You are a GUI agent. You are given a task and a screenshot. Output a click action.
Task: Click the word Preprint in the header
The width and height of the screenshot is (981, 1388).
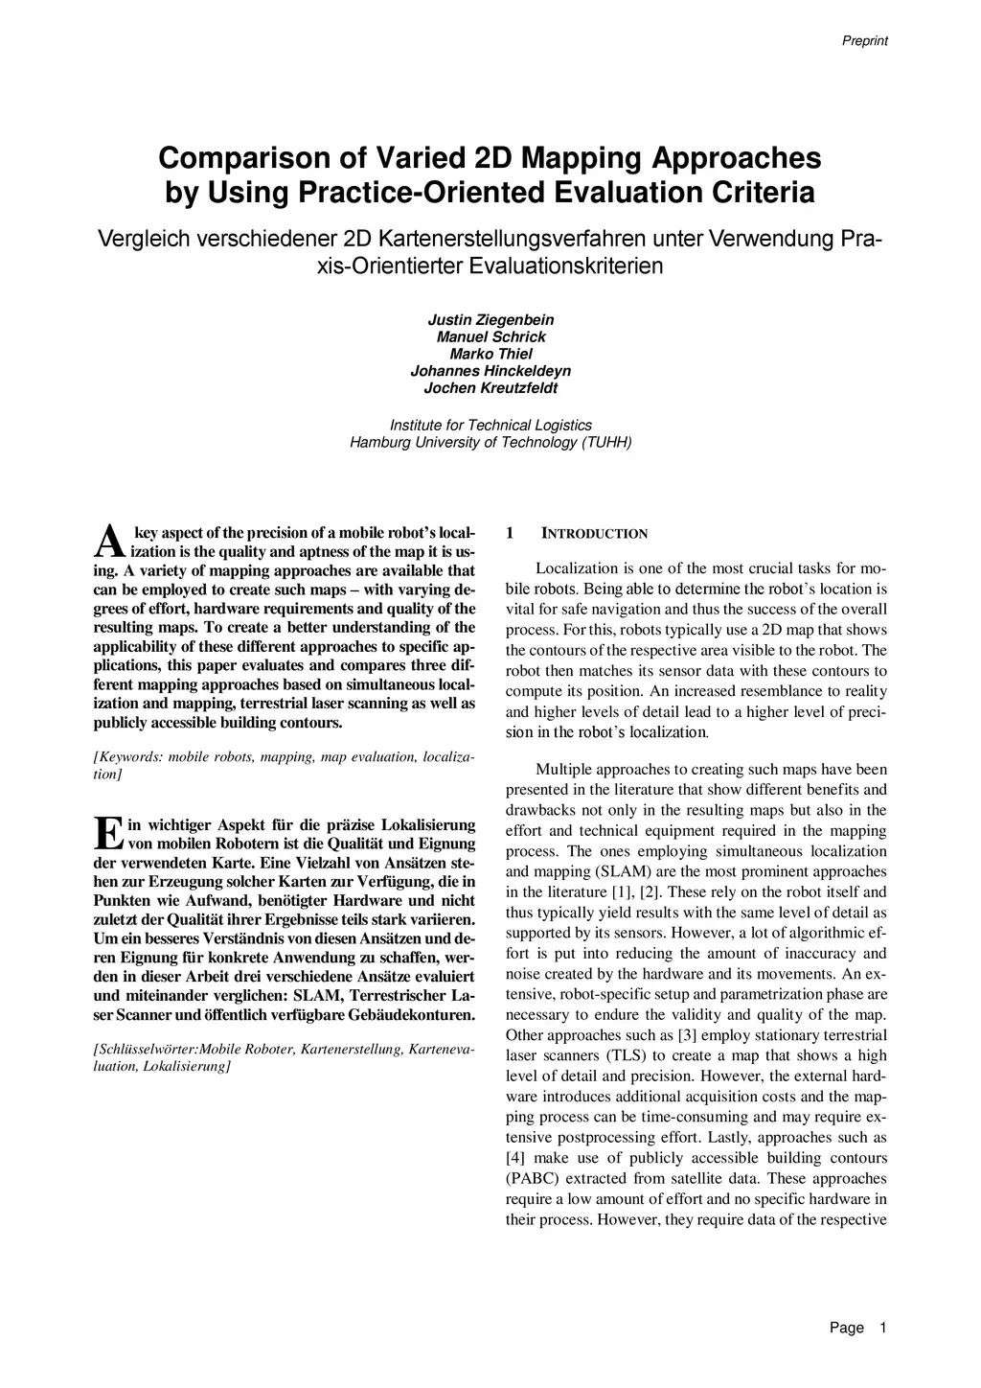pyautogui.click(x=864, y=40)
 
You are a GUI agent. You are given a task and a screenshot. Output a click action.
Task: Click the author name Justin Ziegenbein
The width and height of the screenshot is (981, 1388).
pyautogui.click(x=490, y=319)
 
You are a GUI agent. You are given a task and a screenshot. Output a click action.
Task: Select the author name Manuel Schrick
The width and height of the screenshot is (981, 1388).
pyautogui.click(x=490, y=336)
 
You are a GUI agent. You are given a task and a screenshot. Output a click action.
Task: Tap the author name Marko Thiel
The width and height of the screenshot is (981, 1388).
pyautogui.click(x=490, y=354)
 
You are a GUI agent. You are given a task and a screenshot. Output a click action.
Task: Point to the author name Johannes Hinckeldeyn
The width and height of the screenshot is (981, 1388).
pyautogui.click(x=490, y=371)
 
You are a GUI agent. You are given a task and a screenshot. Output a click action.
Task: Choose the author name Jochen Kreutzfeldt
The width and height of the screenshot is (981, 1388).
pyautogui.click(x=490, y=388)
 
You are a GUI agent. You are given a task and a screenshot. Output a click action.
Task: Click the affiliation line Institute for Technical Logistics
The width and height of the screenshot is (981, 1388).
pyautogui.click(x=490, y=425)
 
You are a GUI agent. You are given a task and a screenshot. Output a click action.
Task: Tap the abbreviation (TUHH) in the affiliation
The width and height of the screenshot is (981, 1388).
pyautogui.click(x=606, y=443)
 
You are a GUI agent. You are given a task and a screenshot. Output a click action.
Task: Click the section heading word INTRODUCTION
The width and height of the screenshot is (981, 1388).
pyautogui.click(x=595, y=534)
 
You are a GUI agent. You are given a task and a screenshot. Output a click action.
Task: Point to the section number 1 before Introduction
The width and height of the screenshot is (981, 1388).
pyautogui.click(x=510, y=533)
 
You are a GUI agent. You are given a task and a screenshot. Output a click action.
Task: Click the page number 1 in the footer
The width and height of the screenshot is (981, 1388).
pyautogui.click(x=882, y=1328)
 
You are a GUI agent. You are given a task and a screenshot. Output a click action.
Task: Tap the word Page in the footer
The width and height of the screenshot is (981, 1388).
pyautogui.click(x=847, y=1328)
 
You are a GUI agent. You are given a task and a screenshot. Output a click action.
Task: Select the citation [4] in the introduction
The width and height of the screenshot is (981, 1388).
pyautogui.click(x=515, y=1158)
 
